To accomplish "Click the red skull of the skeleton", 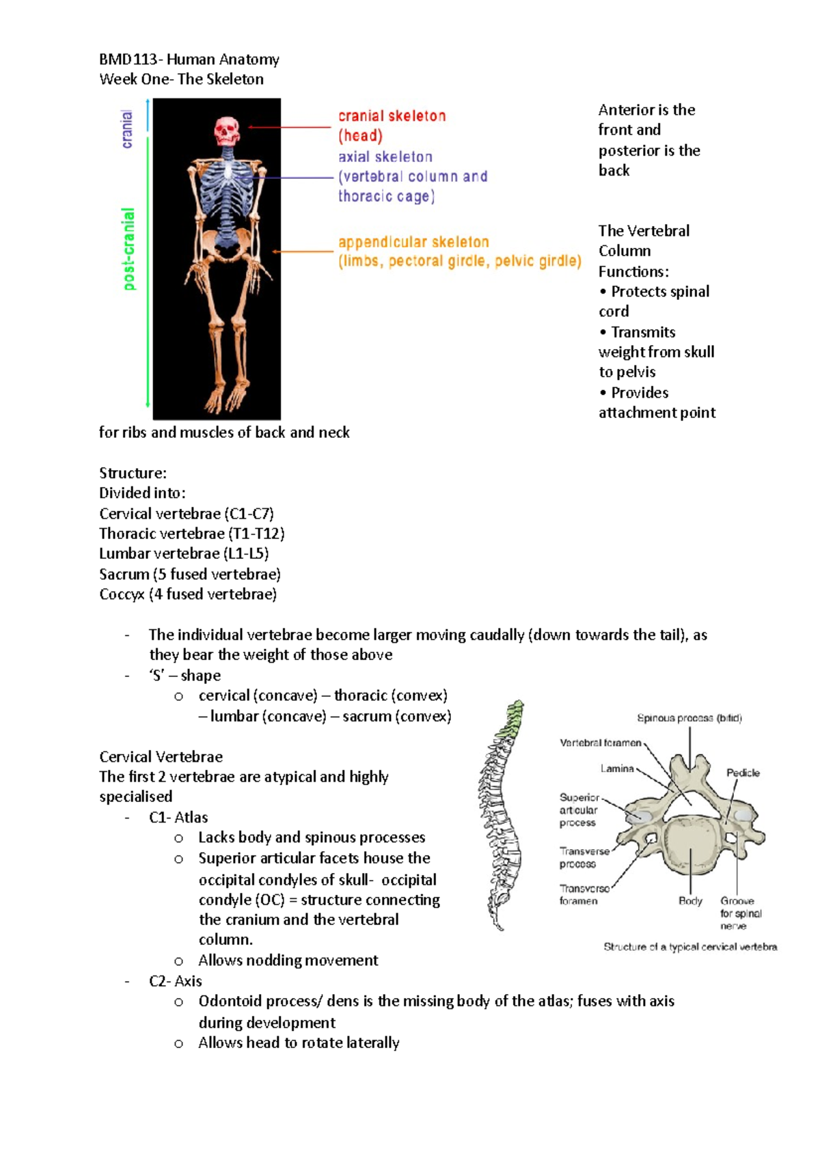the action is (x=227, y=130).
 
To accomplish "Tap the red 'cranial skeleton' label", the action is (x=392, y=116).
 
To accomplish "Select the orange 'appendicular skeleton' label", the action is (x=413, y=242).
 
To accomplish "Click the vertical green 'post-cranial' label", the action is (x=128, y=249).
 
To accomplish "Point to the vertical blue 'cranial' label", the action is (x=126, y=129).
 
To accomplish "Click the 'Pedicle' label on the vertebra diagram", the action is (x=743, y=773).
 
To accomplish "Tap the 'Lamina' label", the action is (x=617, y=769).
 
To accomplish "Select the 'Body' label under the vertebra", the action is (x=690, y=900).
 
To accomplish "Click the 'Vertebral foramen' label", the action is (x=600, y=743).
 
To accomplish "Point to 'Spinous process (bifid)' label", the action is (x=689, y=718).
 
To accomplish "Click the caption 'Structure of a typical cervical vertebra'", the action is (x=690, y=947).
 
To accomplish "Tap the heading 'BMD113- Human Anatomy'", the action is (x=189, y=59).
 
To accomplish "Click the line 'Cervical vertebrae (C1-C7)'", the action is (x=187, y=514).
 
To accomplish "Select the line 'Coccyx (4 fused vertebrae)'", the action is (x=188, y=594).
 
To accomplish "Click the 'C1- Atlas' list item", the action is (x=178, y=817).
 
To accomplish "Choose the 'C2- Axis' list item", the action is (x=176, y=981).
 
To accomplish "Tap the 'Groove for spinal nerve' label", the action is (x=740, y=913).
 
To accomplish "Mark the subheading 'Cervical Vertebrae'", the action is (x=161, y=757).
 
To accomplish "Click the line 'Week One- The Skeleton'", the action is (x=181, y=79).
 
